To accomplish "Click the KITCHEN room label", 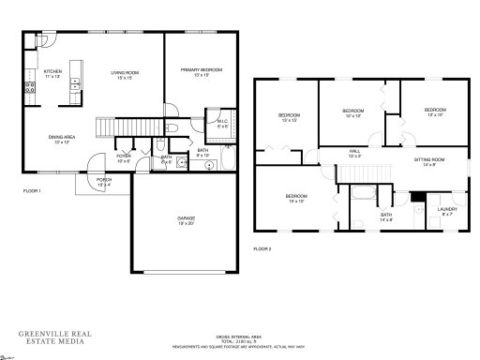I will [52, 73].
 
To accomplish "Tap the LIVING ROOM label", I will [126, 73].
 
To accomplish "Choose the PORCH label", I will [103, 181].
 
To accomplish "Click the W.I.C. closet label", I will [222, 122].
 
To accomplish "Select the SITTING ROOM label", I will [428, 161].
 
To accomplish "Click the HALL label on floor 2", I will [354, 152].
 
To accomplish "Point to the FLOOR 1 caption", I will [32, 190].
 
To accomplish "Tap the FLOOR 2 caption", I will [263, 248].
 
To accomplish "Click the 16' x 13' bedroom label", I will [296, 198].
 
